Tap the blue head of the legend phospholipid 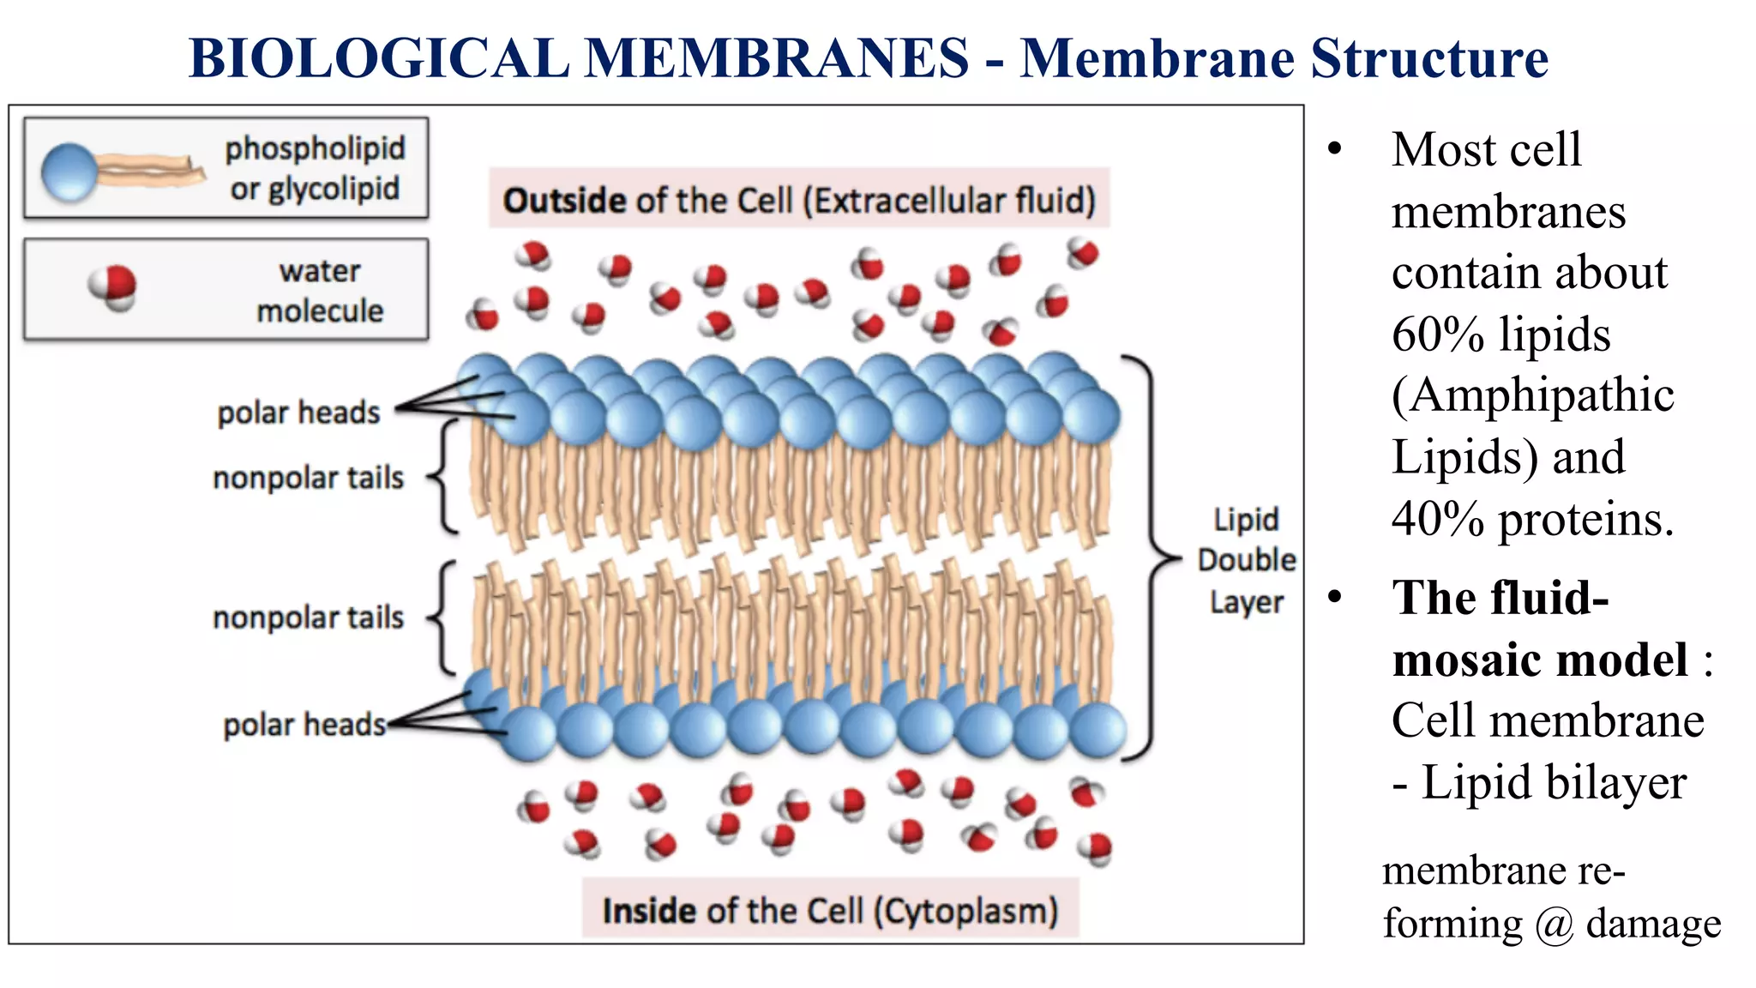69,172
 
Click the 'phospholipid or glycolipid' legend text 315,168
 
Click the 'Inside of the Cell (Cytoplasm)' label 830,910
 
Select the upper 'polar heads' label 298,413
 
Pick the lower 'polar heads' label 304,725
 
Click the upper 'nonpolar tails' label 308,478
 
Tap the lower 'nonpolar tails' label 308,617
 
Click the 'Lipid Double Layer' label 1246,560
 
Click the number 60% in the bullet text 1437,334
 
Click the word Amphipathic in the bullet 1535,396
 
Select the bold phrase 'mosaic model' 1540,660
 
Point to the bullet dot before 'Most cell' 1334,149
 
